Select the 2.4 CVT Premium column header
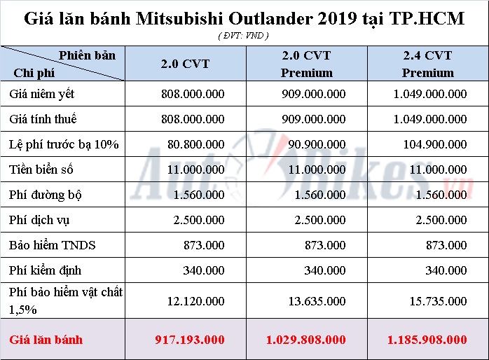click(x=428, y=64)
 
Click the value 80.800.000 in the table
click(x=199, y=145)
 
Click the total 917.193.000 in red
click(x=190, y=340)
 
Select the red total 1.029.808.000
click(x=306, y=340)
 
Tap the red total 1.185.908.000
click(x=427, y=340)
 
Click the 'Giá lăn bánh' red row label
click(x=46, y=340)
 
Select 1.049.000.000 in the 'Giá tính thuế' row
click(x=428, y=119)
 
